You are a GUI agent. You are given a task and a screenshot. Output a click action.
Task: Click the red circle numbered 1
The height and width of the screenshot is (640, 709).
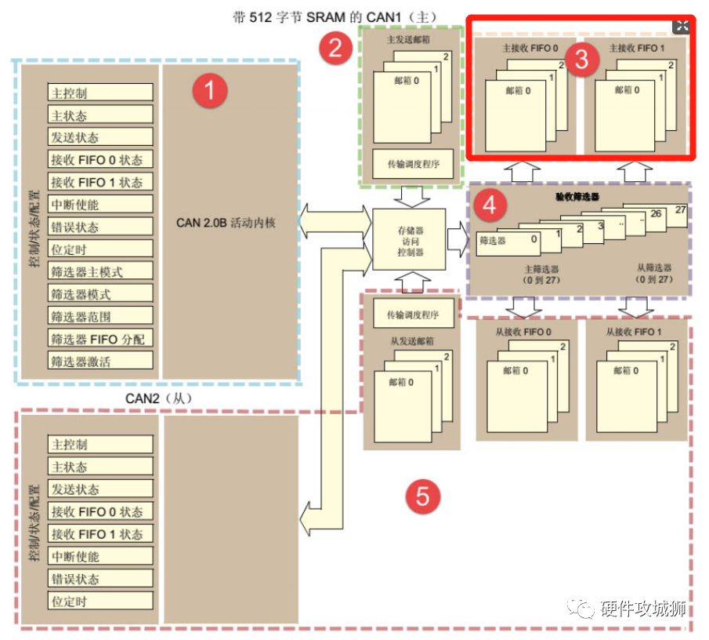[211, 91]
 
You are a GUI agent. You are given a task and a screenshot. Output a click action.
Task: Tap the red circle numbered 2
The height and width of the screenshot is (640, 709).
[335, 49]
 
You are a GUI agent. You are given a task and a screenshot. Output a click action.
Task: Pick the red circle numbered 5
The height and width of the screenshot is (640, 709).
[423, 496]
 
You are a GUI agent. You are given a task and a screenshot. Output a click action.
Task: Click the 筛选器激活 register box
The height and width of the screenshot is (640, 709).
[99, 362]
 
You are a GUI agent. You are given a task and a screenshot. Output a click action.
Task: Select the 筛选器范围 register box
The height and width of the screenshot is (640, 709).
[99, 317]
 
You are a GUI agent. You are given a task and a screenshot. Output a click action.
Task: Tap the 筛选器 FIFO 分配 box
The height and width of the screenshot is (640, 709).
[99, 340]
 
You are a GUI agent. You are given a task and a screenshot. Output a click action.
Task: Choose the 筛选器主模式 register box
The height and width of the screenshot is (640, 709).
[99, 272]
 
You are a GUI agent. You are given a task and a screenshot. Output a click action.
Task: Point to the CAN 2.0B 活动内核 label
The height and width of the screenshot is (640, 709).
[226, 223]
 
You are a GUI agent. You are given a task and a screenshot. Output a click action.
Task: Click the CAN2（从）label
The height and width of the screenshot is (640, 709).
[159, 398]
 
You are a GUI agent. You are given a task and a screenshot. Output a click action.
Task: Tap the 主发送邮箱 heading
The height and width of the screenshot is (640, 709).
[408, 38]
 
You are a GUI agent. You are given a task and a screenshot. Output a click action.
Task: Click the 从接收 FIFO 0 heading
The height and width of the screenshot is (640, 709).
[523, 332]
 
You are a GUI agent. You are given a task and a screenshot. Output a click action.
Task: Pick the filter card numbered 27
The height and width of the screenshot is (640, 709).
[678, 210]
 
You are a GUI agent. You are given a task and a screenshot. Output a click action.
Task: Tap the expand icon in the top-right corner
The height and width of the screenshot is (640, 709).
[682, 26]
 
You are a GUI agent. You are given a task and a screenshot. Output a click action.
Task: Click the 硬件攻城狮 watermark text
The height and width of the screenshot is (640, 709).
[642, 609]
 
